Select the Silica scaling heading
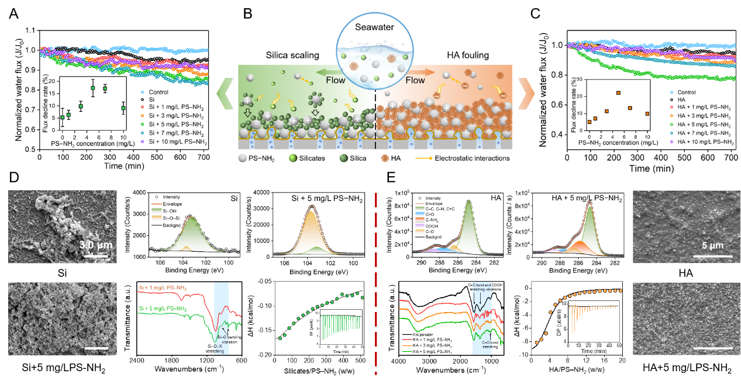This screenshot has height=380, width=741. pos(292,56)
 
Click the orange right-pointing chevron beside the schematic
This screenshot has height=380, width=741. pos(525,94)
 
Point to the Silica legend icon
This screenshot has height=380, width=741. pos(342,158)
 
